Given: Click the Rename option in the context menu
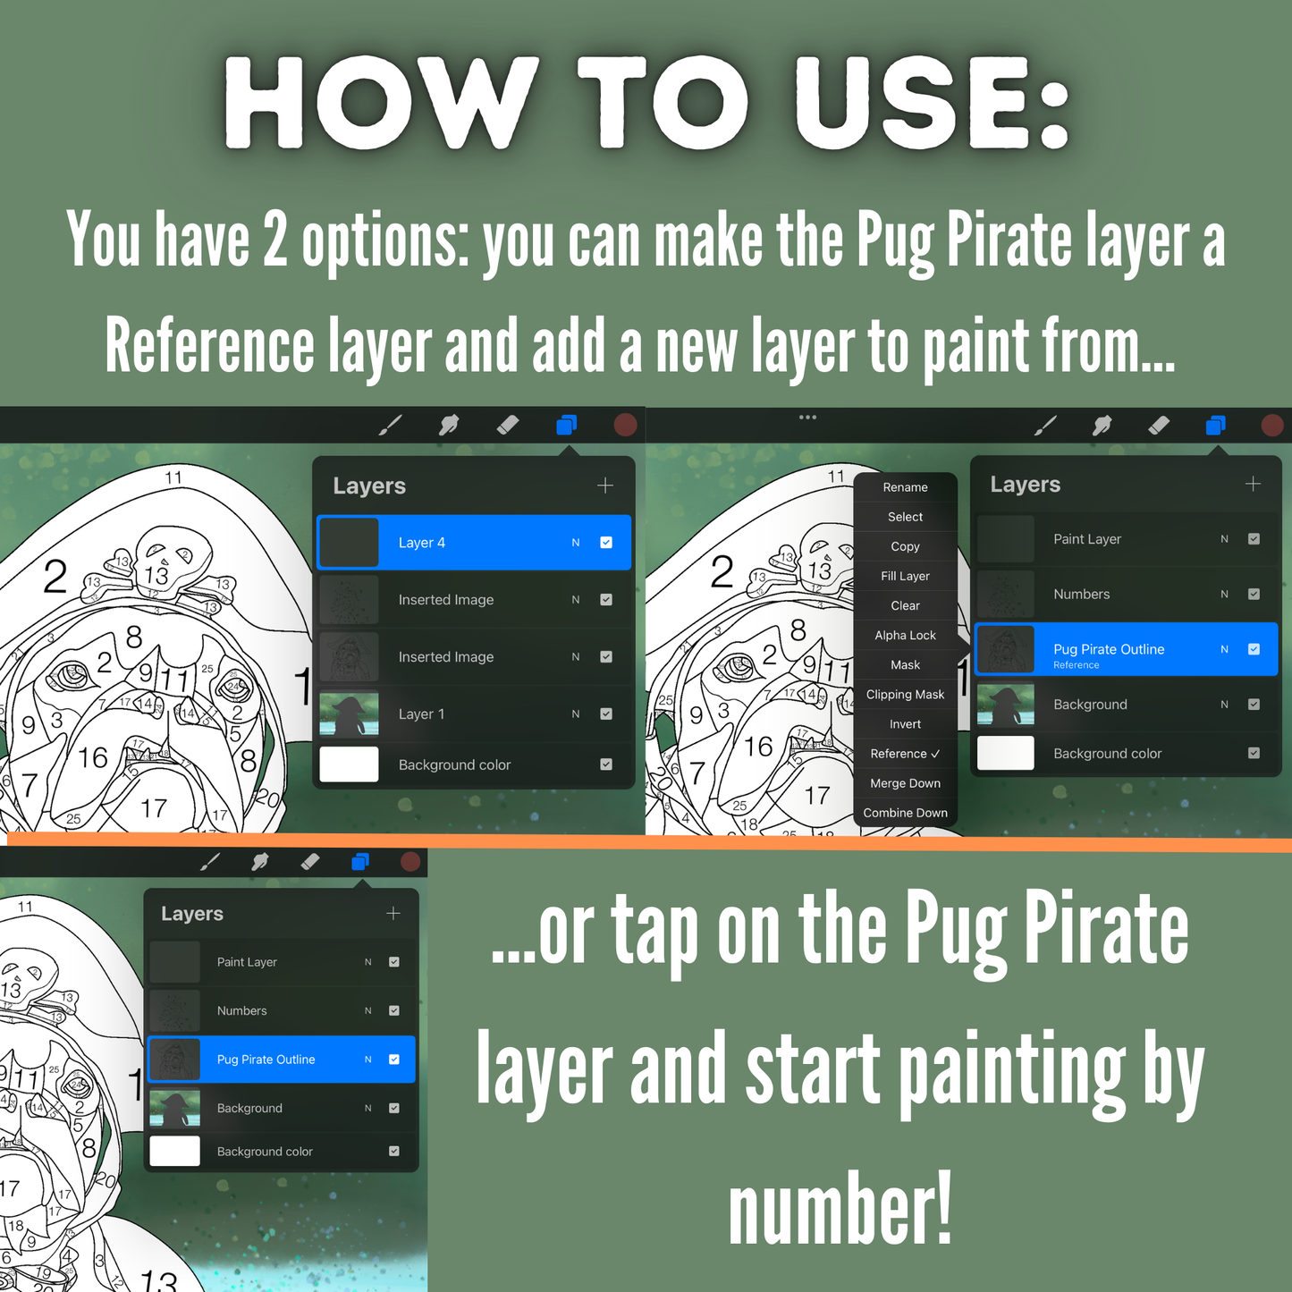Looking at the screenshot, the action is coord(905,487).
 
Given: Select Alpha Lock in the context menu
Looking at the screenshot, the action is coord(905,635).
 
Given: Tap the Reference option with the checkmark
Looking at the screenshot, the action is coord(905,754).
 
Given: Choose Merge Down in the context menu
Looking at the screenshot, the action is coord(905,783).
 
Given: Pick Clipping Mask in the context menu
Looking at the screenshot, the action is coord(905,695).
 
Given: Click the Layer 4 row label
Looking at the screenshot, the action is coord(421,543).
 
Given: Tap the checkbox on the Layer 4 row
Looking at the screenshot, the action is coord(606,543).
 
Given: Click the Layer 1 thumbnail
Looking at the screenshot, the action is coord(349,714).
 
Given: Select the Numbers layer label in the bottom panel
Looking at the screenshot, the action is coord(241,1010).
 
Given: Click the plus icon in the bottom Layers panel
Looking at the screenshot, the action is coord(393,913).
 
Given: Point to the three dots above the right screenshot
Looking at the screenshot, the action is coord(808,417).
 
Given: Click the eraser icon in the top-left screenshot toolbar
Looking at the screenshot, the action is coord(508,425).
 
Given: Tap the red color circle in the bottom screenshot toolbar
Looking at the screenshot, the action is coord(410,862).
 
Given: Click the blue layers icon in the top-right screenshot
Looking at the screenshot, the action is coord(1216,425).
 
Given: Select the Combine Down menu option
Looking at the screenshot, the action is coord(905,813).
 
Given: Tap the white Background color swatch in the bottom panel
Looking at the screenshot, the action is coord(175,1152).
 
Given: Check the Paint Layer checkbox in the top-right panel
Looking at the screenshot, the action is coord(1254,539).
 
